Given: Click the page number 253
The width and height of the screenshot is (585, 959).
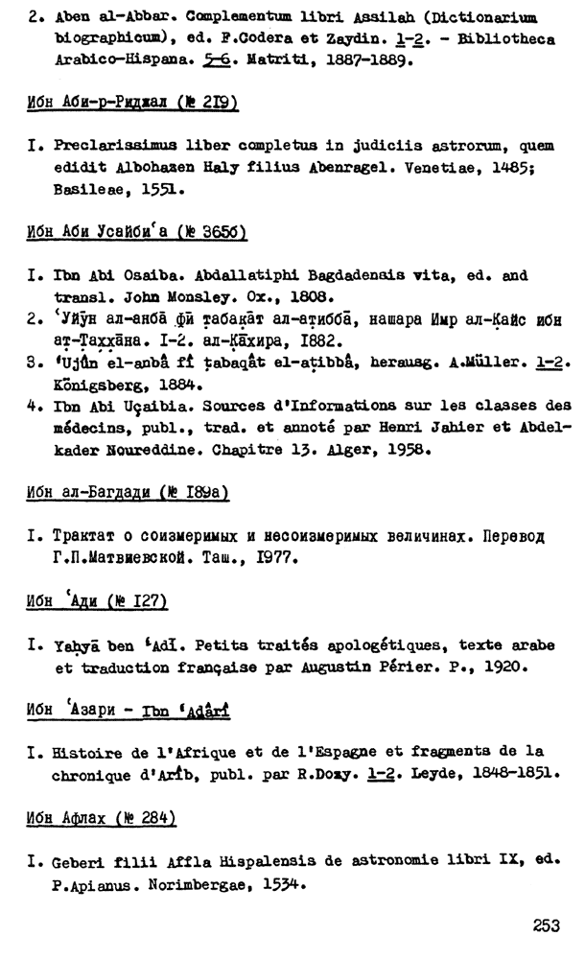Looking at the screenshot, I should [x=546, y=927].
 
